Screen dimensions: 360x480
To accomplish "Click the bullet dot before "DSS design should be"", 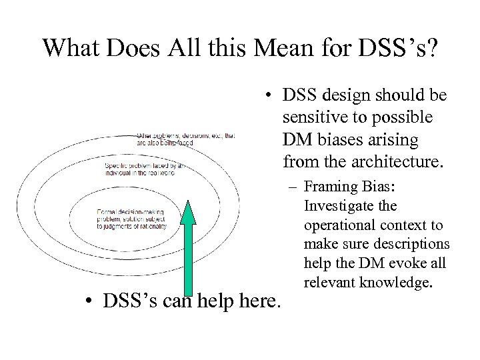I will coord(269,97).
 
